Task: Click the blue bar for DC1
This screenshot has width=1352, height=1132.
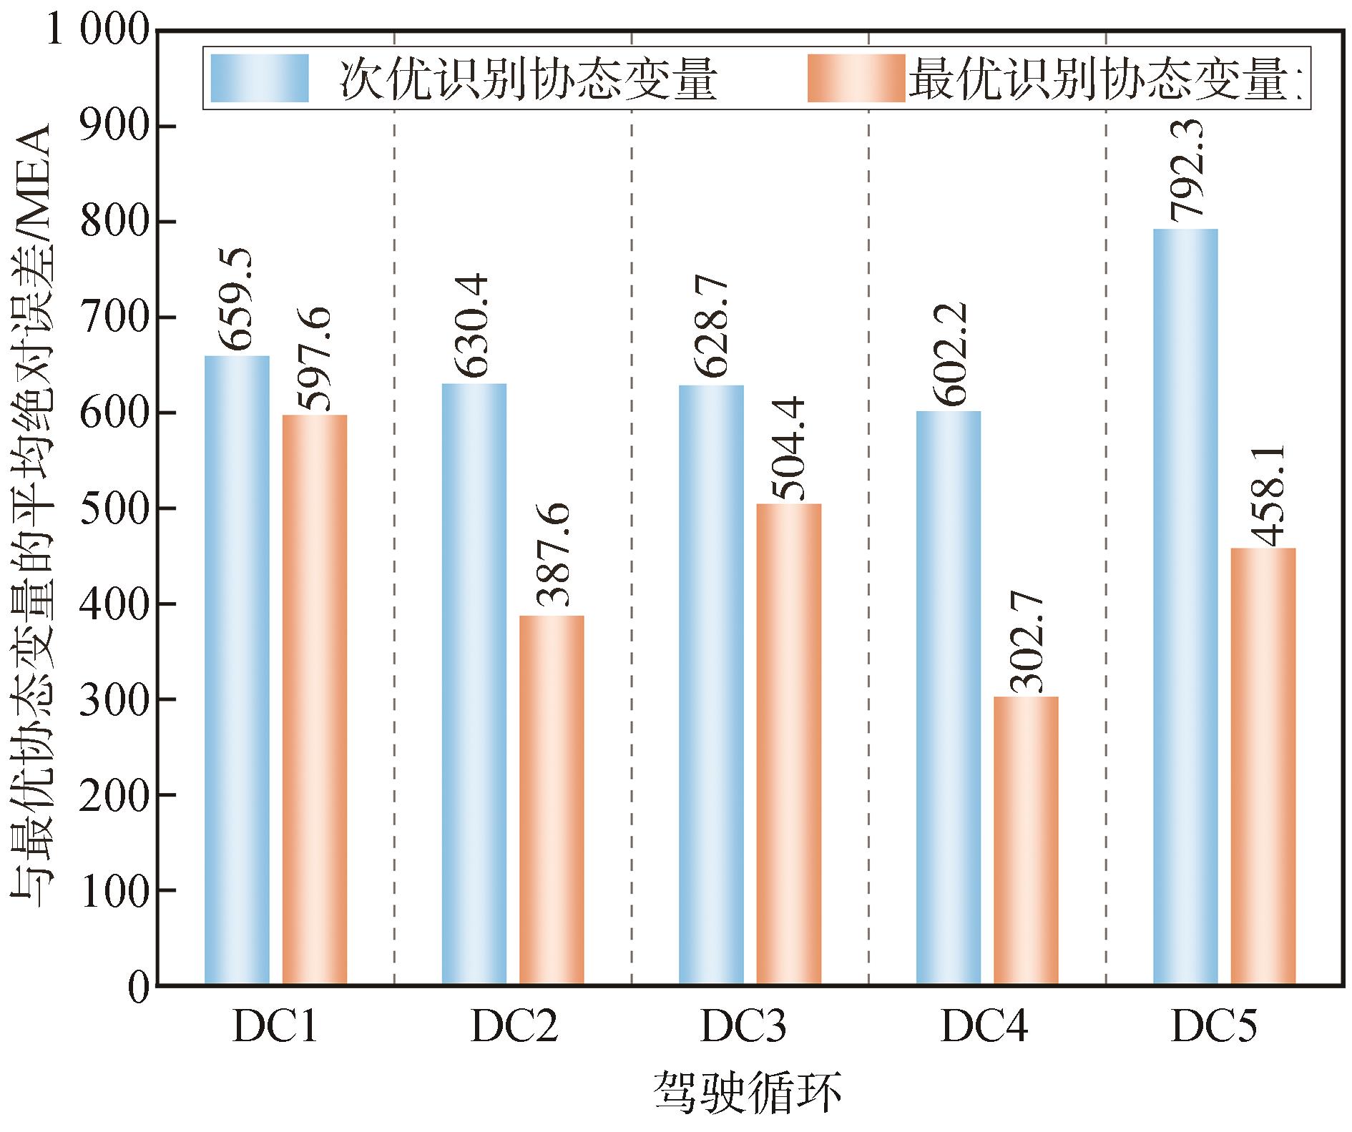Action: (237, 670)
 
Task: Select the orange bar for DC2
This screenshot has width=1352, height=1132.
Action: (552, 800)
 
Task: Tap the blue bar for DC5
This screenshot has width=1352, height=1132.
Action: (1185, 607)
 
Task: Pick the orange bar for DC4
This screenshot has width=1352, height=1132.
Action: (1026, 841)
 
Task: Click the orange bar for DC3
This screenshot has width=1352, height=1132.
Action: (788, 744)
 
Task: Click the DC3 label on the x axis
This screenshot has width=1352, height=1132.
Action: (744, 1028)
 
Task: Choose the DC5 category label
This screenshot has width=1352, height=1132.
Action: (1214, 1028)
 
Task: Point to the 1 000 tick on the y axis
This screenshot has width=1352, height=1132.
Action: (97, 33)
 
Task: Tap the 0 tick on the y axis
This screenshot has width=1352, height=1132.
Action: (138, 985)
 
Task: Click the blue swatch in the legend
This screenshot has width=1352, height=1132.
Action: (260, 79)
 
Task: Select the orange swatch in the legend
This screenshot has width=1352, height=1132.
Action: (856, 79)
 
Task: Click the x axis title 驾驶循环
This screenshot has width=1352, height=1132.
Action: (747, 1093)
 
